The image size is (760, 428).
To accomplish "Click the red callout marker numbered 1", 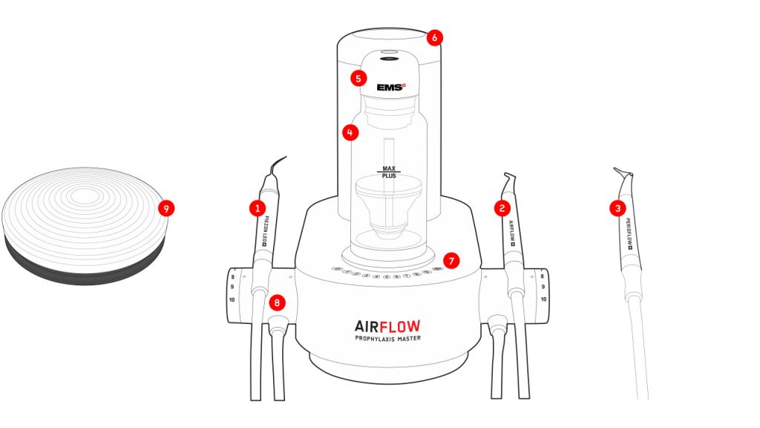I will [x=258, y=209].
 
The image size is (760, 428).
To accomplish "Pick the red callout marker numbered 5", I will [x=359, y=77].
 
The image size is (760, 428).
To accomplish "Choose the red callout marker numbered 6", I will [x=435, y=36].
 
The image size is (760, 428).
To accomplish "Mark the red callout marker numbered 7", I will [x=451, y=260].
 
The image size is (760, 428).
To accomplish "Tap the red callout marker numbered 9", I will [x=167, y=209].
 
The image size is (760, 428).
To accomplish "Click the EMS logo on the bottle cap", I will [x=390, y=88].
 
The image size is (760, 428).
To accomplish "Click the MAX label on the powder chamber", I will [x=389, y=169].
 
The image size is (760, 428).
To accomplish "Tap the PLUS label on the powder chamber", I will [x=389, y=177].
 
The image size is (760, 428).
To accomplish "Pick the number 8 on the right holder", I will [x=544, y=276].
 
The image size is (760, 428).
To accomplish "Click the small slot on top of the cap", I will [x=390, y=59].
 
